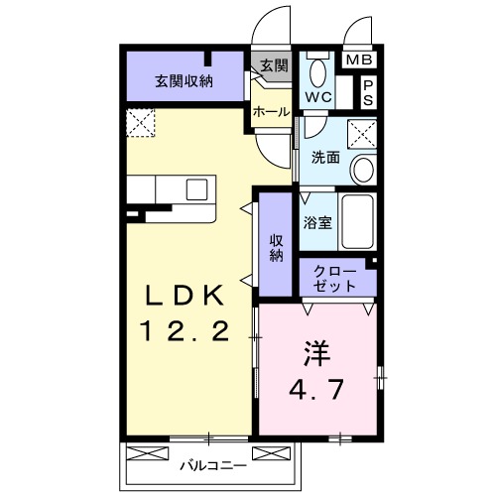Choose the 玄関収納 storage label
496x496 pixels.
click(184, 81)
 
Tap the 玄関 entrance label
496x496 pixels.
click(274, 66)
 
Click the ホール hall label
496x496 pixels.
click(271, 112)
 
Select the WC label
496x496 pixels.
click(317, 97)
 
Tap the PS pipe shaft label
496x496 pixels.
click(366, 93)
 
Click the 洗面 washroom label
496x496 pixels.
click(325, 157)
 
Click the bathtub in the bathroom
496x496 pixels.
click(359, 223)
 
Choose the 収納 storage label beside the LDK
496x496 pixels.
click(277, 247)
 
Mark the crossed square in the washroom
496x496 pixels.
click(362, 131)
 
